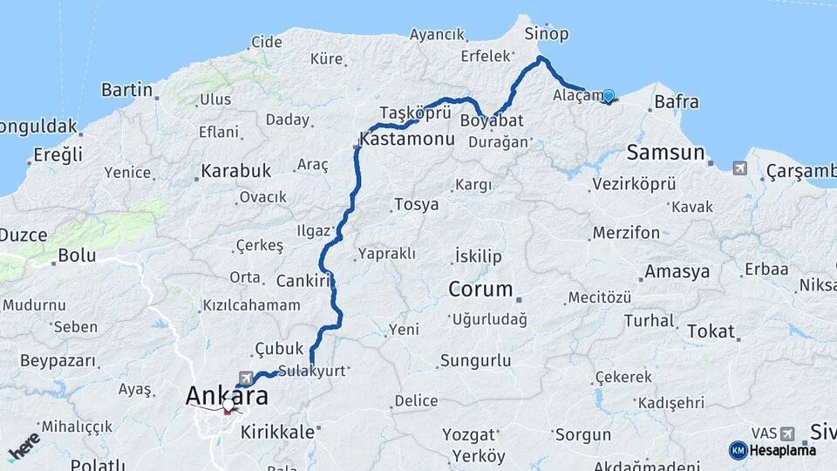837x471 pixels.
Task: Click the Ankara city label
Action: coord(226,395)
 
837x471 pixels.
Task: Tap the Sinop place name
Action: coord(547,34)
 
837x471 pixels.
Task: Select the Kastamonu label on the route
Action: coord(407,140)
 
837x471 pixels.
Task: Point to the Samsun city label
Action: coord(665,153)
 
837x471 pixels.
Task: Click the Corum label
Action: coord(479,289)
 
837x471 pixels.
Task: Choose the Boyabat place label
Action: coord(492,120)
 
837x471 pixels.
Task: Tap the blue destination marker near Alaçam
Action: coord(608,97)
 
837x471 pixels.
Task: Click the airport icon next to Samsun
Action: coord(739,167)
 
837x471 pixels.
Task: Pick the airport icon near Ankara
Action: coord(246,378)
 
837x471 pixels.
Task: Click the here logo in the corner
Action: coord(24,447)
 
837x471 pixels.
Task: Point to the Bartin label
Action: coord(126,90)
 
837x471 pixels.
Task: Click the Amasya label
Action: coord(677,271)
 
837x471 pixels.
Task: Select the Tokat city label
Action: coord(711,331)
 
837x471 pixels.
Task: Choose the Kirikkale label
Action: coord(277,431)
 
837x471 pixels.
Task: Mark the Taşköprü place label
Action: coord(415,113)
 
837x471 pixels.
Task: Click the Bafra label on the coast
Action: coord(676,102)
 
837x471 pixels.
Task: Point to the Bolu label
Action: coord(77,256)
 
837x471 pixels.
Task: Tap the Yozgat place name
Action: coord(469,433)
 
